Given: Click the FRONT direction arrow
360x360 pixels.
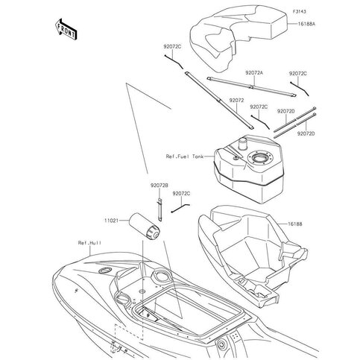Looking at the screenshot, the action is [x=66, y=29].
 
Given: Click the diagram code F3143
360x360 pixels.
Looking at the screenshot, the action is [x=299, y=12].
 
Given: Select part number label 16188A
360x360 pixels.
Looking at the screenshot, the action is [x=306, y=24].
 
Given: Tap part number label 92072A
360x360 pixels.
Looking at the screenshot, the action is [x=254, y=73].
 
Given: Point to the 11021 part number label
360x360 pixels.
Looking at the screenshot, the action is [x=111, y=221].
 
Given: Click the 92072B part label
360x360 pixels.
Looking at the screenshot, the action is [x=160, y=186].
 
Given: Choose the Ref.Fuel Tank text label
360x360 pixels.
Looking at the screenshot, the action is [x=185, y=157].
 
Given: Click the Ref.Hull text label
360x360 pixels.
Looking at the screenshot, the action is [x=89, y=243].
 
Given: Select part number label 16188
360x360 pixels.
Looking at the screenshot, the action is [x=295, y=224].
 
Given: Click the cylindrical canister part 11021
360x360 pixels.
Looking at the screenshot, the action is [x=145, y=227].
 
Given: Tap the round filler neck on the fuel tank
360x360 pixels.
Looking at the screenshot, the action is [x=242, y=145].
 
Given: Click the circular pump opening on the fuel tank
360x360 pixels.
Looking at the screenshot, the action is [x=260, y=157].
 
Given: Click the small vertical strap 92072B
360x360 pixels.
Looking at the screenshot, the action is [x=160, y=209].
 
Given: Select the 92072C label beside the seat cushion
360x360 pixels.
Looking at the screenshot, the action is [x=172, y=46].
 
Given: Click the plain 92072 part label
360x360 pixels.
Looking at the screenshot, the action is [x=236, y=101].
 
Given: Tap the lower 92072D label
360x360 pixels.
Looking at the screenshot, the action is [x=306, y=133].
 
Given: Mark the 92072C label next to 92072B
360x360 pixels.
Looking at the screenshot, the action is [x=181, y=193].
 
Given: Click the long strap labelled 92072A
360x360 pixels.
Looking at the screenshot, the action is [x=251, y=86].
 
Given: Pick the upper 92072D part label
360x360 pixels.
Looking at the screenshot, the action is [x=286, y=112].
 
